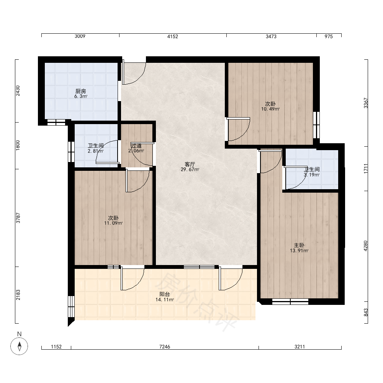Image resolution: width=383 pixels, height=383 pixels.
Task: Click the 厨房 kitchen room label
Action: point(80,92)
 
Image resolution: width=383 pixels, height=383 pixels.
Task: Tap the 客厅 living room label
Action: point(190,164)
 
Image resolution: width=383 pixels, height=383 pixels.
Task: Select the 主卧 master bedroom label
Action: point(299,245)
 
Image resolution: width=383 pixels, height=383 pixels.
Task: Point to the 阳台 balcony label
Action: point(165,294)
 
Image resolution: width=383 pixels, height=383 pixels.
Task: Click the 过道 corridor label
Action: point(136,146)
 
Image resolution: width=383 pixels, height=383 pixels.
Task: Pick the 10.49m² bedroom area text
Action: point(270,109)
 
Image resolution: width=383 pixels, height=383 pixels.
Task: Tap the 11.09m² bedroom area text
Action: point(113,223)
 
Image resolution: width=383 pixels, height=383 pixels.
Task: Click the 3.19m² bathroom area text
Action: point(312,175)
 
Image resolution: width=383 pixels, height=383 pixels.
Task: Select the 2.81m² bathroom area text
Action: point(96,151)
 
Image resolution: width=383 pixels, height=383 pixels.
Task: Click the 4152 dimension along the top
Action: point(173,36)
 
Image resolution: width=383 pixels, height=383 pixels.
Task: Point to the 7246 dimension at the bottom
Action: point(165,347)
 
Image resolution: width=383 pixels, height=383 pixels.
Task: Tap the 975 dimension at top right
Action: point(329,36)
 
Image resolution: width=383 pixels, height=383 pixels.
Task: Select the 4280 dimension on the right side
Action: point(366,246)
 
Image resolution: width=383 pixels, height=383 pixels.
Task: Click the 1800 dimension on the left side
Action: point(18,145)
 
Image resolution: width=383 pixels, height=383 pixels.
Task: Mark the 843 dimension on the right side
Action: point(366,313)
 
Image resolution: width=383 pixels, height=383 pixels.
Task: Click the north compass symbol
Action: point(19,346)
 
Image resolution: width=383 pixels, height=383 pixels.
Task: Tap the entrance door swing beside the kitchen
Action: point(134,73)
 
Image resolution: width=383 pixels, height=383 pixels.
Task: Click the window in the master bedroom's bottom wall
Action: point(290,301)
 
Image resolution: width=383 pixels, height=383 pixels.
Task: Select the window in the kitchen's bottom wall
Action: point(56,123)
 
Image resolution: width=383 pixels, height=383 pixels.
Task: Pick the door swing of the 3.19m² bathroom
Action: point(296,178)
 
